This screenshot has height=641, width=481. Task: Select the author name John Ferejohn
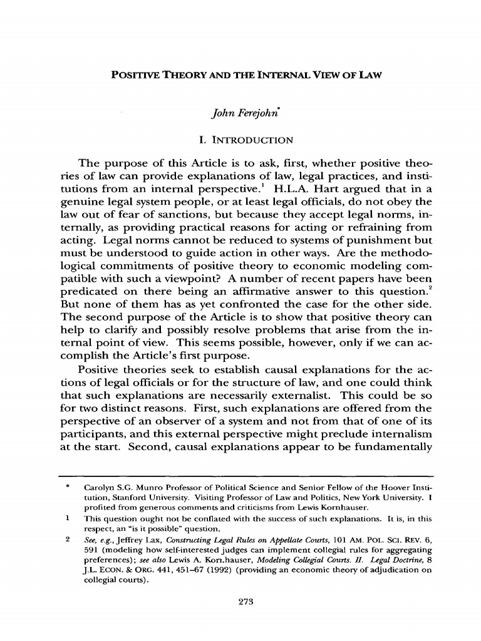coord(242,115)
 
